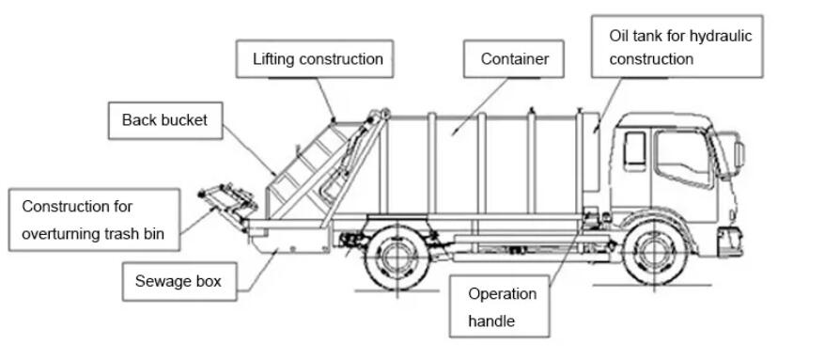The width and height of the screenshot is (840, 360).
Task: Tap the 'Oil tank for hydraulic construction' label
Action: point(679,47)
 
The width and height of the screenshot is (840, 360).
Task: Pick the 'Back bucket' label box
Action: point(164,120)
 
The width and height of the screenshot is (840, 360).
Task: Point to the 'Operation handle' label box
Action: point(503,306)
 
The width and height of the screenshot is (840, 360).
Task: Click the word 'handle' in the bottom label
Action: point(491,321)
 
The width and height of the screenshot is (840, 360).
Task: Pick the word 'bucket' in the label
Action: point(184,120)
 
